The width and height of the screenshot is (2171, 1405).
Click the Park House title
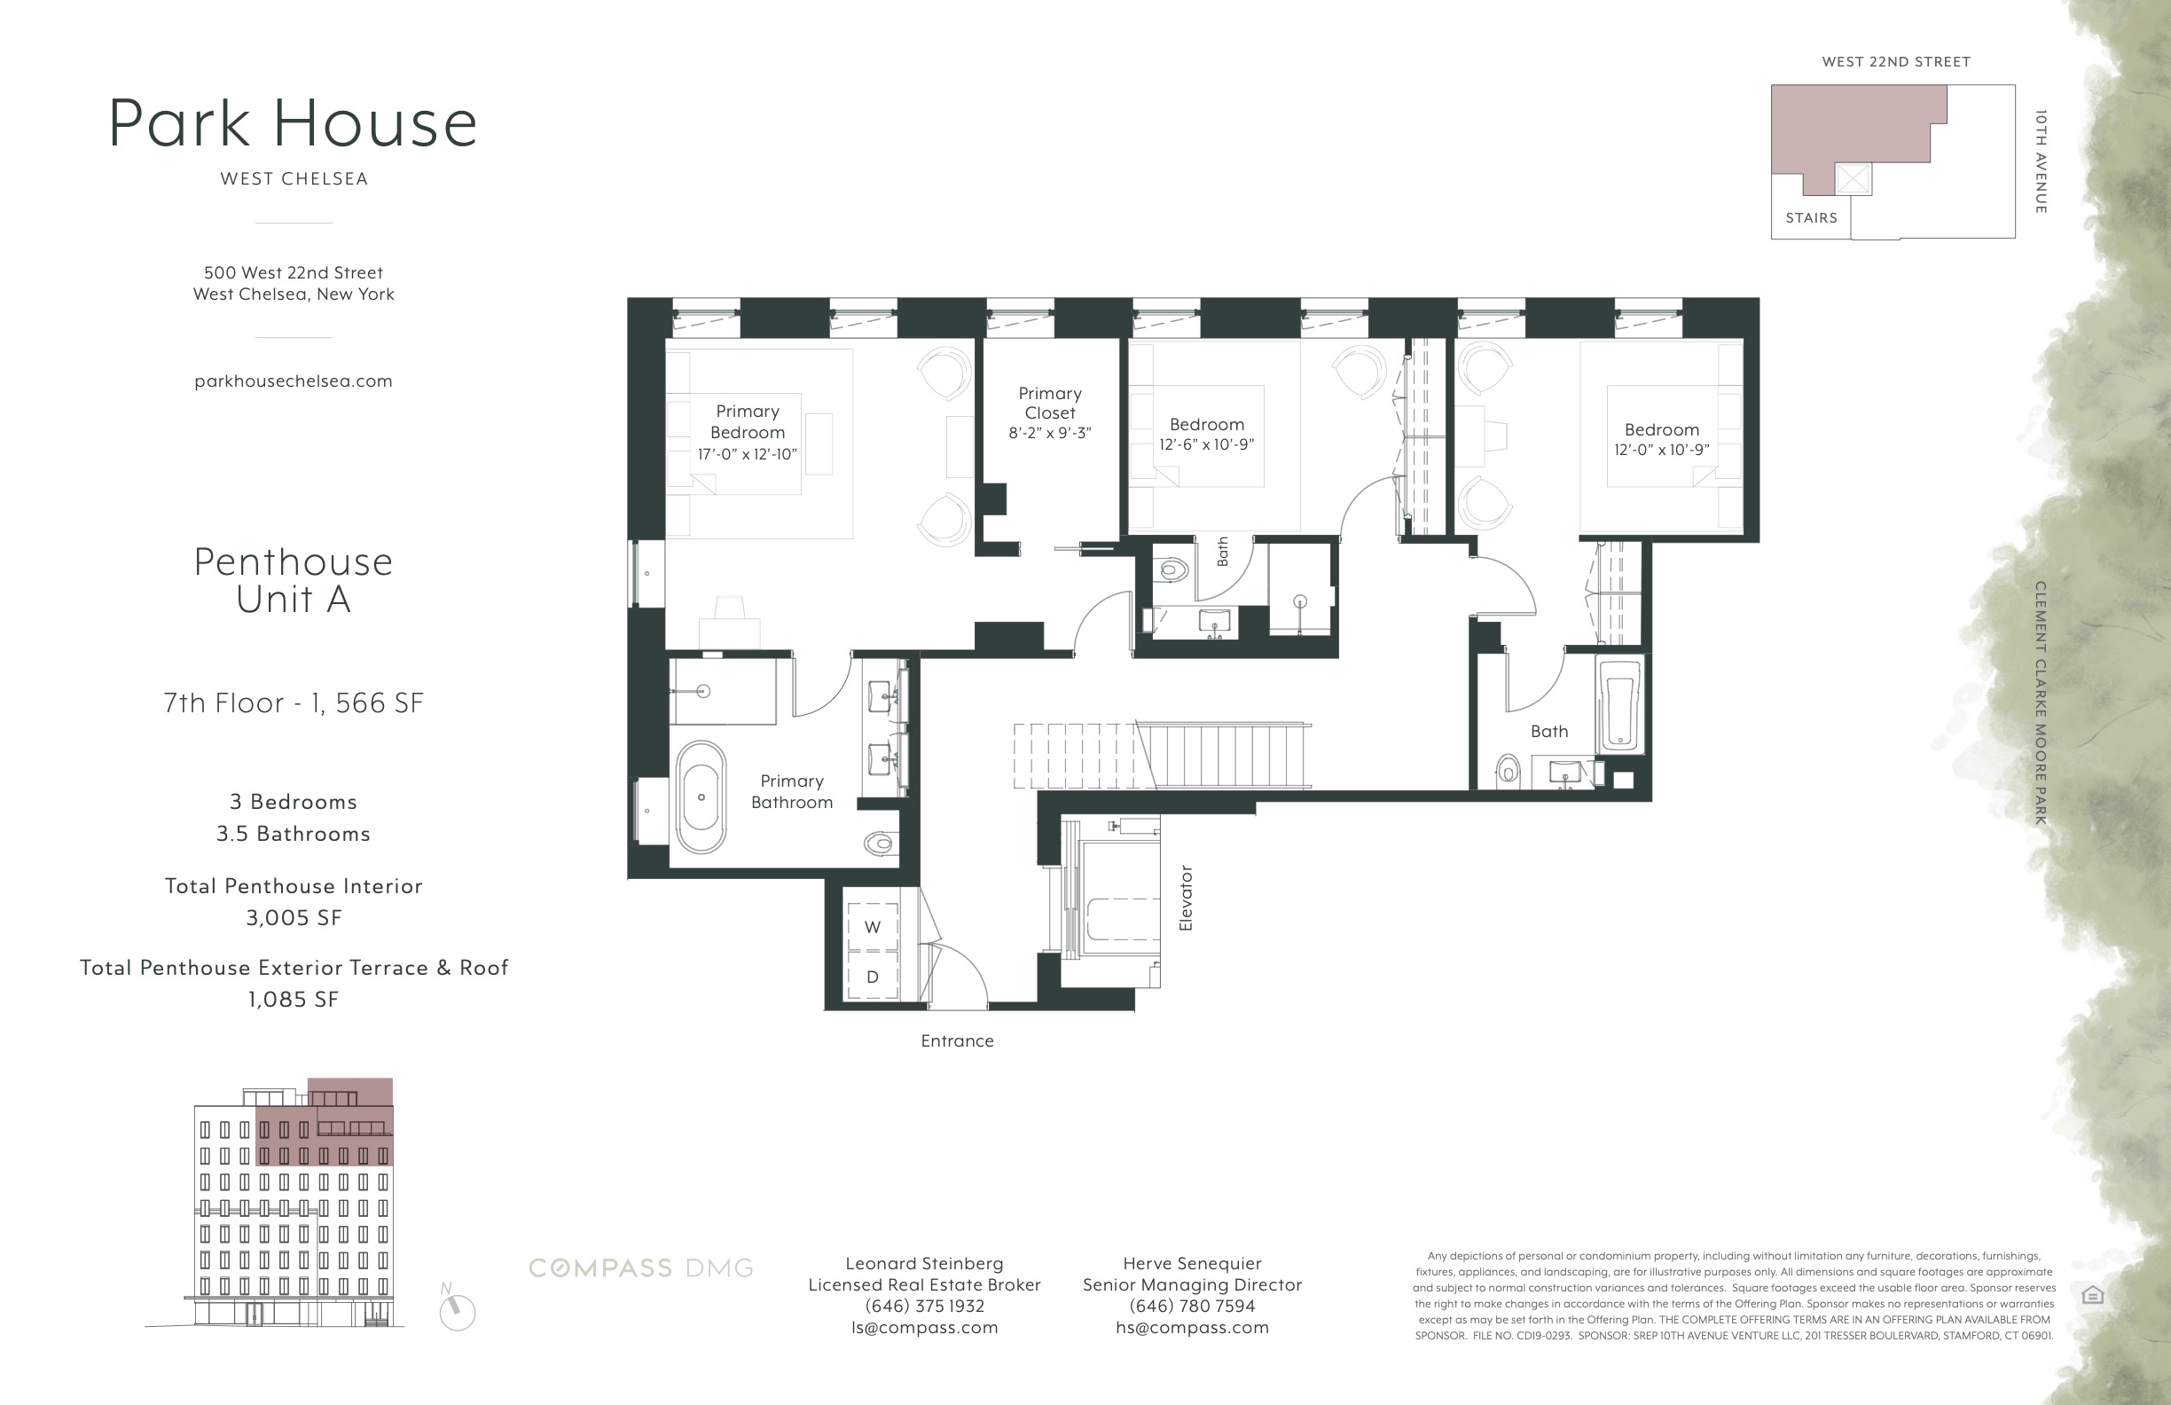(293, 123)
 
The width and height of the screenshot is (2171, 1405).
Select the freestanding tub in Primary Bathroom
(701, 797)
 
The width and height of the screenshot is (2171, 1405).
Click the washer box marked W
(872, 927)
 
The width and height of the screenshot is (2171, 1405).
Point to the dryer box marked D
(872, 977)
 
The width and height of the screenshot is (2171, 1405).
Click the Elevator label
(1186, 898)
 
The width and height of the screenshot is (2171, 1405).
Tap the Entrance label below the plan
(957, 1041)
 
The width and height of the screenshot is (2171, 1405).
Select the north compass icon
(457, 1311)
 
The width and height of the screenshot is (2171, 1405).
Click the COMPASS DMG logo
(641, 1268)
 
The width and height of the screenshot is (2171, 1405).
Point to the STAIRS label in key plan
(1812, 218)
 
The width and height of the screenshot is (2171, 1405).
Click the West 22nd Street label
(1896, 62)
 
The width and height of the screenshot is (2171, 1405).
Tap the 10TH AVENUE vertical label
(2041, 162)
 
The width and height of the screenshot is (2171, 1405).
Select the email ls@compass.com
(924, 1328)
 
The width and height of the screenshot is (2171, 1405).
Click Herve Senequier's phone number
(1192, 1307)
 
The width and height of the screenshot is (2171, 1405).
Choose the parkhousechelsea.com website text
(293, 381)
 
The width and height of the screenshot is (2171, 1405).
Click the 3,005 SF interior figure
(293, 918)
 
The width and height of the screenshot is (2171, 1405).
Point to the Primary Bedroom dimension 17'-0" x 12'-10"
(747, 454)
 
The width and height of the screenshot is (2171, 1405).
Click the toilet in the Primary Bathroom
(881, 844)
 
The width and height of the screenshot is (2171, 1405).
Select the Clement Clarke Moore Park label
(2041, 702)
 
